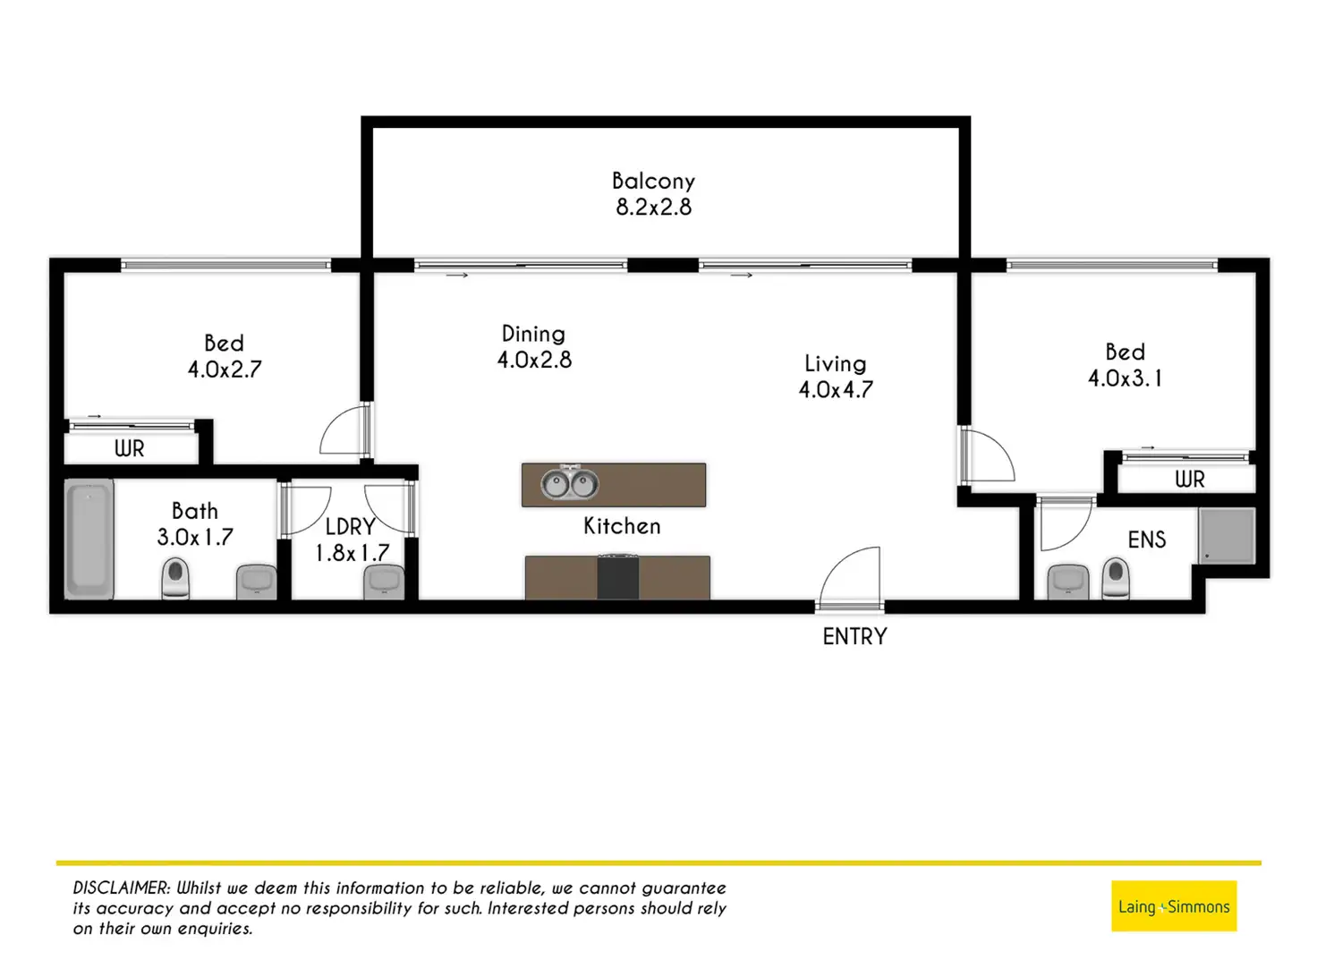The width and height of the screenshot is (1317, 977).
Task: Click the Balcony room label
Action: [653, 181]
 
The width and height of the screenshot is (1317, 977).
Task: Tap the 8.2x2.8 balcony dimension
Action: [653, 208]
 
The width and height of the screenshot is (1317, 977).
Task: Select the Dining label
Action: [533, 334]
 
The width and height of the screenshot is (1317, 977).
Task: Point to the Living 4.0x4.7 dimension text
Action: [836, 390]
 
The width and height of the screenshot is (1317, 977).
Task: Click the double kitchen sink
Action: [569, 485]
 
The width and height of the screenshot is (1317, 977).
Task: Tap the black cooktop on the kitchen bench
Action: [618, 577]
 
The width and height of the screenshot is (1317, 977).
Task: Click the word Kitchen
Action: [622, 526]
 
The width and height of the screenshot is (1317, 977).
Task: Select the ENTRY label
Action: [854, 636]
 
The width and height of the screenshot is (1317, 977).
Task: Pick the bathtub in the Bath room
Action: [89, 539]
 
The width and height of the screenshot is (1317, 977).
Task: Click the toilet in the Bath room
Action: [175, 578]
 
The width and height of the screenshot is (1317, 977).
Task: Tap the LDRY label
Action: [349, 527]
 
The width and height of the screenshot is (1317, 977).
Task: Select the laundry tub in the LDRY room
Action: [384, 582]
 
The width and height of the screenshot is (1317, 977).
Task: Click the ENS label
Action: [1146, 539]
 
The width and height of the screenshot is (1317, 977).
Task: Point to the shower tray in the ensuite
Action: [1227, 535]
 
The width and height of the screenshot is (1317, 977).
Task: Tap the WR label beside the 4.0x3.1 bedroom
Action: [1189, 480]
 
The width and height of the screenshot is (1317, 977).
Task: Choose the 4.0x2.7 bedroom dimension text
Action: [225, 370]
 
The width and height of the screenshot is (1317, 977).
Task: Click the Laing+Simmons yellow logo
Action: [1174, 906]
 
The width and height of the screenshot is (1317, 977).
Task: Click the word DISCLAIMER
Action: [121, 888]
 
